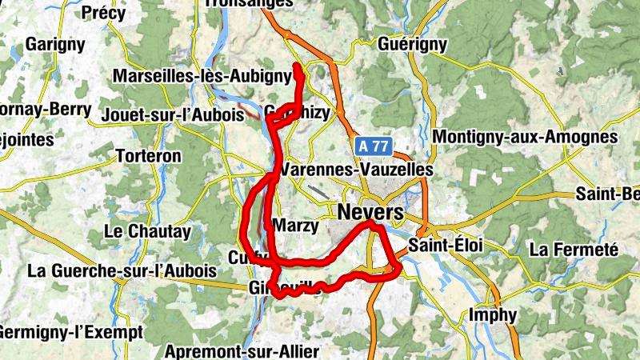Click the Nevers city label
[x=371, y=213]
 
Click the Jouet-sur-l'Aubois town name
[x=172, y=115]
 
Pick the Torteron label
[x=149, y=156]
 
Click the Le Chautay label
[x=148, y=232]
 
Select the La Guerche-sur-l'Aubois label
[x=122, y=270]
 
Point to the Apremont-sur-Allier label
[x=242, y=351]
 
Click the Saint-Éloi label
[x=445, y=246]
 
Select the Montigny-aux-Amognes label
[x=526, y=137]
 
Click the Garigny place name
[x=54, y=44]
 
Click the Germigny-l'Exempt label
[x=71, y=331]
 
